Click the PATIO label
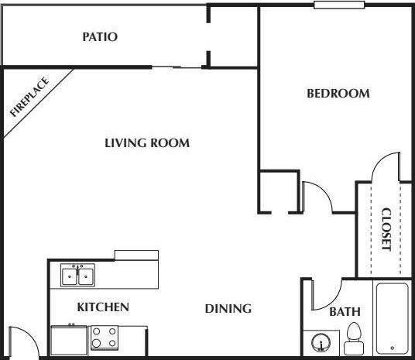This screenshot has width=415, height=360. coord(100,36)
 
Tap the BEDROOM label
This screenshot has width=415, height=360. coord(338,94)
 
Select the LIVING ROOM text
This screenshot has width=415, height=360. coord(147,142)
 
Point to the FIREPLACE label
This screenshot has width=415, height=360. coord(29,97)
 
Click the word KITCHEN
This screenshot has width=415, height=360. coord(103,307)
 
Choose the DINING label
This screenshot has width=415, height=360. coord(228,309)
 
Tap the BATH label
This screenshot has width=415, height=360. coord(345,312)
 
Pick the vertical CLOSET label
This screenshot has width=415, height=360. coord(386,228)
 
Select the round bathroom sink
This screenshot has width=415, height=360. coord(321,341)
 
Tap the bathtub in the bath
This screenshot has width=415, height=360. coord(393,318)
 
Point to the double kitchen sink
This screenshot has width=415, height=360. coord(78,275)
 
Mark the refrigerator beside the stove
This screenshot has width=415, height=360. coord(69,340)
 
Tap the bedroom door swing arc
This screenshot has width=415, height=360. coord(318,198)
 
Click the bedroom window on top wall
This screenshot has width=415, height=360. coord(339,5)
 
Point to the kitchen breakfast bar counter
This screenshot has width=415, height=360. coord(136,255)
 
